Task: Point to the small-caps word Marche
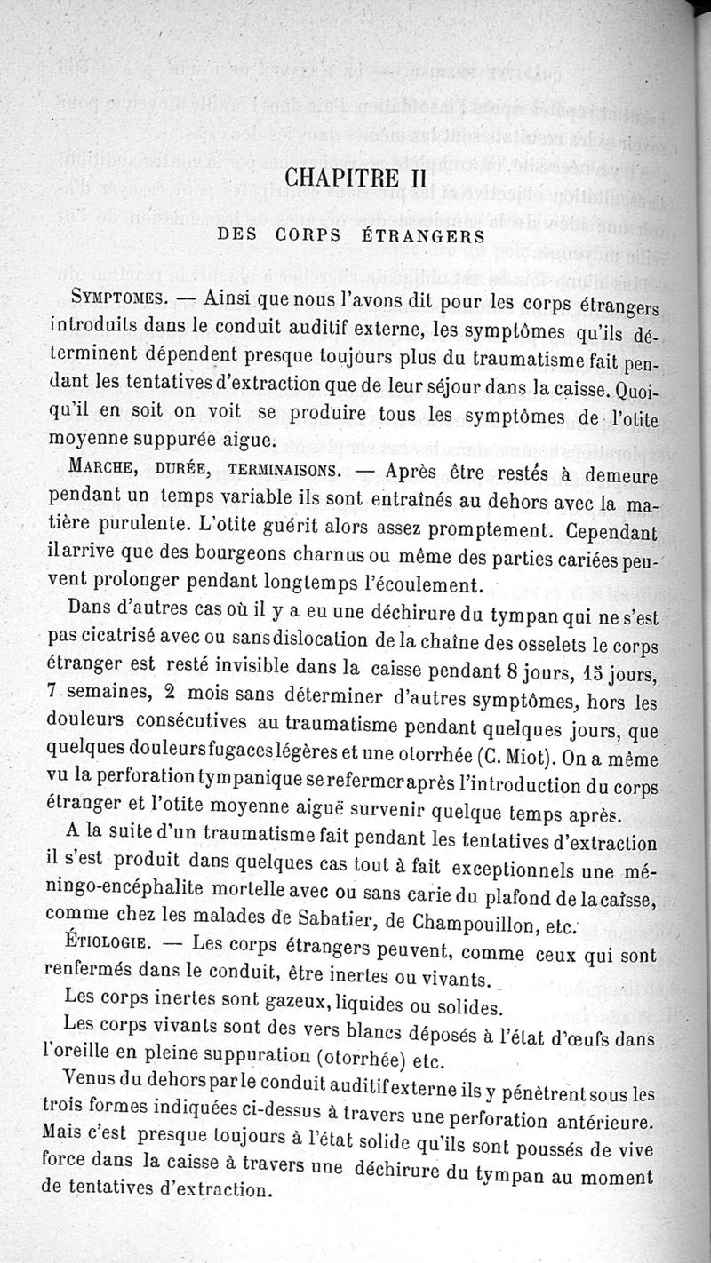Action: pos(103,467)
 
